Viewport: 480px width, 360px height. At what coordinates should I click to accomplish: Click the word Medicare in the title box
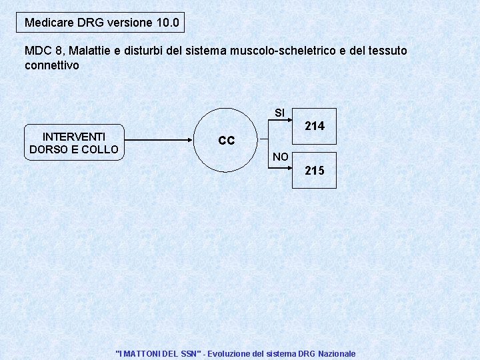49,23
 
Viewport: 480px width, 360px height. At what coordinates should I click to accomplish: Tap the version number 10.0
167,23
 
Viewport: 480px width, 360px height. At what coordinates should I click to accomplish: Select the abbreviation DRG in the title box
91,23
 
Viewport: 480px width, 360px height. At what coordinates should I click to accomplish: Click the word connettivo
52,65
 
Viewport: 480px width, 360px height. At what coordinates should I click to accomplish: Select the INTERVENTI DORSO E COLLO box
74,142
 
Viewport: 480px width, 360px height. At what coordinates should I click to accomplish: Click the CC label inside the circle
227,141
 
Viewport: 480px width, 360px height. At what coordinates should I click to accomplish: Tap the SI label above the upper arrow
279,113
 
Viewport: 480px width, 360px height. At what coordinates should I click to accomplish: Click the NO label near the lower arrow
280,157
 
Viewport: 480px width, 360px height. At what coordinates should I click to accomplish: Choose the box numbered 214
315,125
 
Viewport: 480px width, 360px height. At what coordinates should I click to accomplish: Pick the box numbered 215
315,171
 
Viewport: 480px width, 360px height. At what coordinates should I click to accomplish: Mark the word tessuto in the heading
387,51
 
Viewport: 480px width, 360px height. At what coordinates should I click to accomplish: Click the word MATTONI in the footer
141,353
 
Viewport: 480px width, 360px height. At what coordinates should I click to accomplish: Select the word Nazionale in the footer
337,353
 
